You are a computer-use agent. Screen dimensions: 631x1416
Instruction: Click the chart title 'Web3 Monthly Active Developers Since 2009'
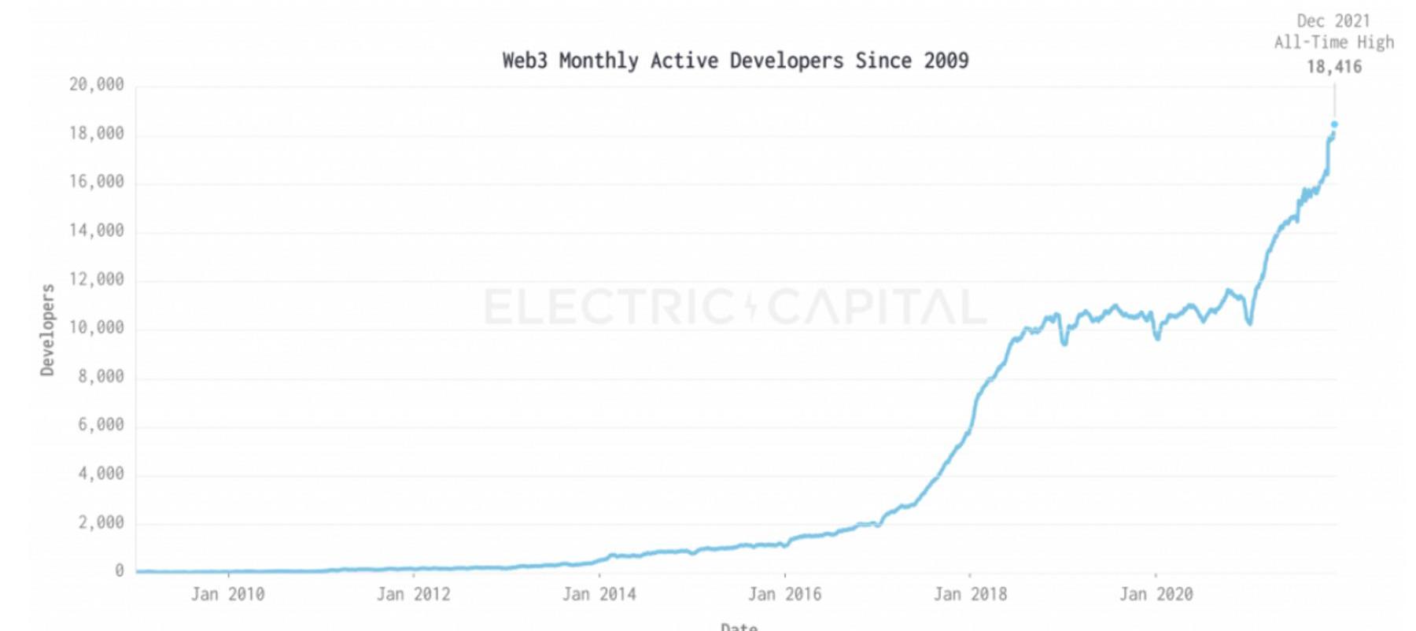tap(735, 61)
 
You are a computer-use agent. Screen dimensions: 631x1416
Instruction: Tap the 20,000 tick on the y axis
tap(97, 84)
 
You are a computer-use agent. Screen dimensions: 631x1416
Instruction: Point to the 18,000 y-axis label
tap(97, 133)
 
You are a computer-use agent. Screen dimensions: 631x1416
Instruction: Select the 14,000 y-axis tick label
tap(97, 231)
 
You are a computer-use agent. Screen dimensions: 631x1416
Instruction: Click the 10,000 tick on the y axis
tap(97, 327)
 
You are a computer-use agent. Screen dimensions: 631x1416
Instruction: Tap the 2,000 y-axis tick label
tap(101, 522)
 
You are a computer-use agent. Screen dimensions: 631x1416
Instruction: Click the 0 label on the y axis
tap(120, 570)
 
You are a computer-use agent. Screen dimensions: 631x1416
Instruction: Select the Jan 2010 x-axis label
tap(227, 594)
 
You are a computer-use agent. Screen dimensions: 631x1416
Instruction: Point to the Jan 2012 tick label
tap(413, 594)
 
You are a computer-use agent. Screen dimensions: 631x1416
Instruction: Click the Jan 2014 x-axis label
tap(599, 594)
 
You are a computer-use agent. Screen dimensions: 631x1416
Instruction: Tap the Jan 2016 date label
tap(784, 594)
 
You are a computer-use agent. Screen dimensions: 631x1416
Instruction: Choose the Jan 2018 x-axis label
tap(970, 594)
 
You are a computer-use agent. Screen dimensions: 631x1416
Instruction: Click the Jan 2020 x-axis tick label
tap(1156, 594)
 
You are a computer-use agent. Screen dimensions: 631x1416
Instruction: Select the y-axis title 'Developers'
tap(48, 330)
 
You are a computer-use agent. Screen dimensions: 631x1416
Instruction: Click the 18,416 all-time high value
tap(1333, 67)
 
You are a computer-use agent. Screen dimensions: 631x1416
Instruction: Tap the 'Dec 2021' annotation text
tap(1333, 21)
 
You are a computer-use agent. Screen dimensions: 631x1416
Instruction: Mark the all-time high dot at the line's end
tap(1334, 124)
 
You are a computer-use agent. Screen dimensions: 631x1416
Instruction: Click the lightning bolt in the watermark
tap(750, 306)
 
